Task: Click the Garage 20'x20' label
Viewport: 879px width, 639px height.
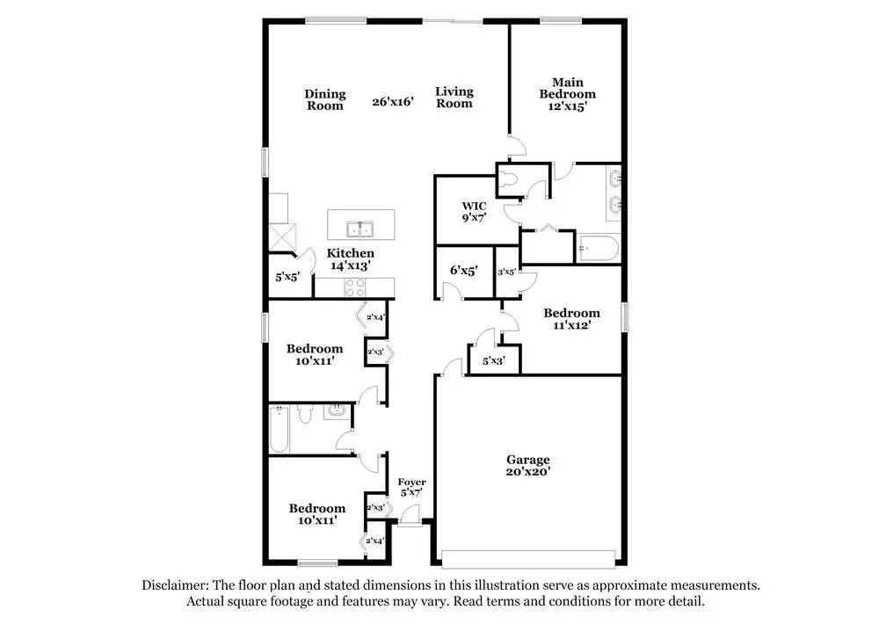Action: click(527, 465)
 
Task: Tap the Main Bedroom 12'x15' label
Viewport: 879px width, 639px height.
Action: click(567, 94)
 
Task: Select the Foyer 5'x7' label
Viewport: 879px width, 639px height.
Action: click(411, 487)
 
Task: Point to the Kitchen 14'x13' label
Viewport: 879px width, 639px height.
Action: click(351, 258)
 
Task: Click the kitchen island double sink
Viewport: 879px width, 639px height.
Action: click(360, 230)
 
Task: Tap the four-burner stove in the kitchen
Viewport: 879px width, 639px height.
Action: click(355, 286)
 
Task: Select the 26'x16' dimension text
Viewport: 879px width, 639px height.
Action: click(392, 102)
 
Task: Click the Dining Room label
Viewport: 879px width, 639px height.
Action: click(325, 99)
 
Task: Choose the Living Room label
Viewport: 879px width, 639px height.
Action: click(454, 97)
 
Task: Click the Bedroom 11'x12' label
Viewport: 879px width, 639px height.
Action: click(571, 318)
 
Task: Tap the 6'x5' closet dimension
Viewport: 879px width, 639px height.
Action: click(463, 272)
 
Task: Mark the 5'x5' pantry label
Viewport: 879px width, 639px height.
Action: click(287, 277)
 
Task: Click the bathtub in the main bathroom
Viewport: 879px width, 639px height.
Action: click(598, 249)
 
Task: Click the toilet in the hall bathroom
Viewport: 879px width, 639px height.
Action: click(305, 413)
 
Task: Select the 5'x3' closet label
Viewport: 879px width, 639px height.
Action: click(493, 360)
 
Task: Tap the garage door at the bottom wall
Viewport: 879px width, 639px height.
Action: click(527, 559)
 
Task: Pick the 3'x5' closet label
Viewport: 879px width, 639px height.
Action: click(506, 272)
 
